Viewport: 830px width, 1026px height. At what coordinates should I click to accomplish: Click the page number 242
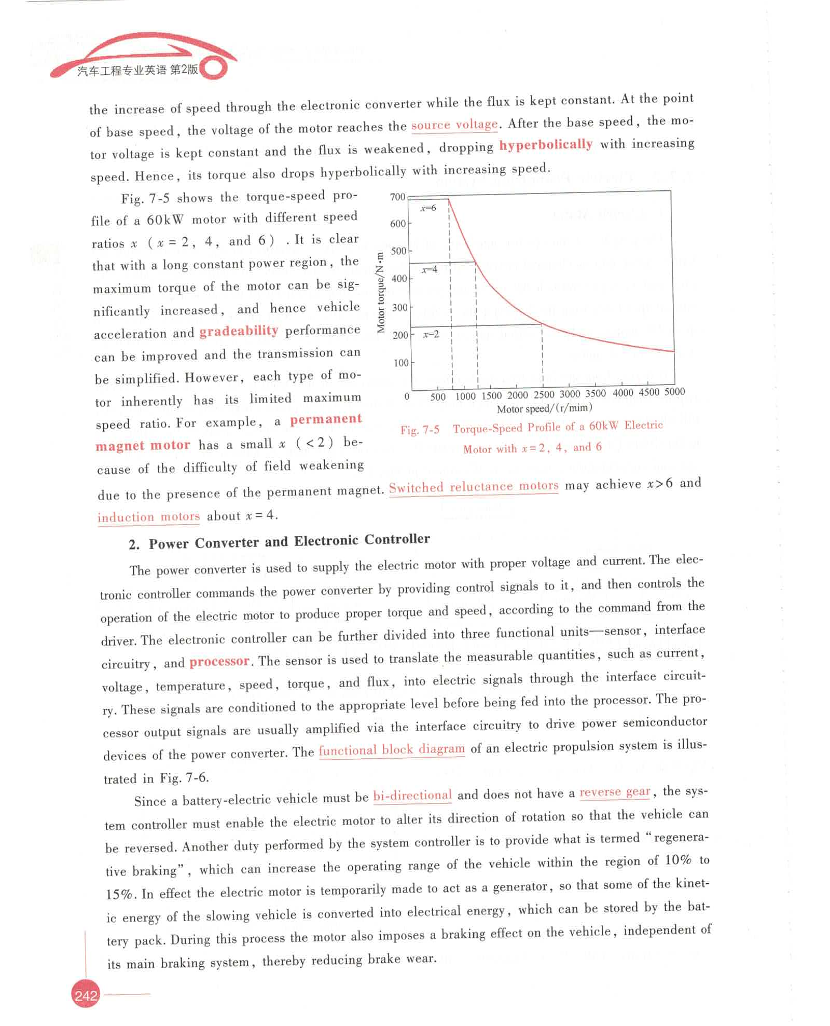[x=86, y=995]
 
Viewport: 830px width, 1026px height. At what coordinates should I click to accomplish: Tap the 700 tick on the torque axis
[x=397, y=197]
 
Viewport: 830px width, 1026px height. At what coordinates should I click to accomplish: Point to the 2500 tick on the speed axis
[x=544, y=394]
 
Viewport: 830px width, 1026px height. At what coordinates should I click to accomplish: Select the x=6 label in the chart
[x=428, y=208]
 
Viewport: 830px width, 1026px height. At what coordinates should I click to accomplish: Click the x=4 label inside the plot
[x=430, y=269]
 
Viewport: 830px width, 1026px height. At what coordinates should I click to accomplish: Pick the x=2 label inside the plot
[x=431, y=334]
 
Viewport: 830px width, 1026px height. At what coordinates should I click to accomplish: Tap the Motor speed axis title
[x=544, y=408]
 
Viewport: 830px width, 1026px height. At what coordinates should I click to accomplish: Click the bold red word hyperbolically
[x=546, y=144]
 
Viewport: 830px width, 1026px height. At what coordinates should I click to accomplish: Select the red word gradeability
[x=239, y=331]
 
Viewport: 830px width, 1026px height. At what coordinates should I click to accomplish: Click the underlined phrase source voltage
[x=454, y=125]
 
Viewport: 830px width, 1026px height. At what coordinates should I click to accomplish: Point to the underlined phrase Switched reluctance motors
[x=474, y=487]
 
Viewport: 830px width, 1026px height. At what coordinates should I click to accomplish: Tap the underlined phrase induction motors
[x=149, y=517]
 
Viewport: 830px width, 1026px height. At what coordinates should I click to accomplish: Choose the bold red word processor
[x=219, y=662]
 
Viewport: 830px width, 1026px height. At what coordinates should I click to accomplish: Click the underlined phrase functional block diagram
[x=392, y=749]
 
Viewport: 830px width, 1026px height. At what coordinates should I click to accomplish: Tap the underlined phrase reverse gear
[x=615, y=792]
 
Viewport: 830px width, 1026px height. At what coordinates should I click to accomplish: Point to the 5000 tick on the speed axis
[x=674, y=392]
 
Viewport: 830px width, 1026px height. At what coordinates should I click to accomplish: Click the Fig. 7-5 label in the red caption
[x=420, y=430]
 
